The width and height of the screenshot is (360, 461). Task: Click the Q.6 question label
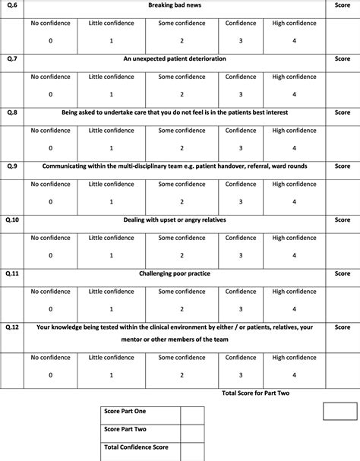point(11,5)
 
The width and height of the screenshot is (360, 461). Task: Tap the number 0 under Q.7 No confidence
point(51,94)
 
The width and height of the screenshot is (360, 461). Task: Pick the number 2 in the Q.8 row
point(182,148)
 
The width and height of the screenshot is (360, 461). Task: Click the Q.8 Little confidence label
point(111,131)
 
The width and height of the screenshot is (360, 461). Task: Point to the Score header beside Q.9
point(343,166)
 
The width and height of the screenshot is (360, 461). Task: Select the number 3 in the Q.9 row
point(241,201)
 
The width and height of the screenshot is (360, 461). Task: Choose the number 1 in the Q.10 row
point(111,256)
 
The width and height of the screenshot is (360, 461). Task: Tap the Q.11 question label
point(12,273)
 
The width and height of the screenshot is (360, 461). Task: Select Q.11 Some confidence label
point(182,292)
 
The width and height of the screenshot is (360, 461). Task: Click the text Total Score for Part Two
point(256,393)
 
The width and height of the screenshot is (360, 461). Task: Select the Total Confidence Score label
point(136,447)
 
